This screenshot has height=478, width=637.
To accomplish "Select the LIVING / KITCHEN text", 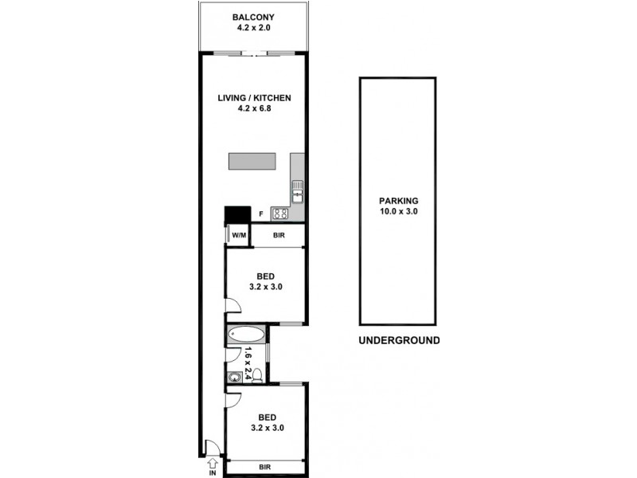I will [255, 98].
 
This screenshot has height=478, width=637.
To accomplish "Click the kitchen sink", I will [297, 190].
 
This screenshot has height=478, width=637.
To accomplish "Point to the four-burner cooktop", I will [279, 213].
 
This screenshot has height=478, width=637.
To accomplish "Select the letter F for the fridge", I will [261, 214].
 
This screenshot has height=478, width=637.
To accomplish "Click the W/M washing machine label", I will [238, 236].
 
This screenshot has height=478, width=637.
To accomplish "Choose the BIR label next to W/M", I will [279, 236].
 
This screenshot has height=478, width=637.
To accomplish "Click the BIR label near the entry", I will [266, 468].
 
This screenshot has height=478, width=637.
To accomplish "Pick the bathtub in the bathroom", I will [244, 335].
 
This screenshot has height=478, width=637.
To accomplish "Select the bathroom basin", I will [235, 377].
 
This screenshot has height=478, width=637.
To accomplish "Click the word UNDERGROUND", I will [399, 340].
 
